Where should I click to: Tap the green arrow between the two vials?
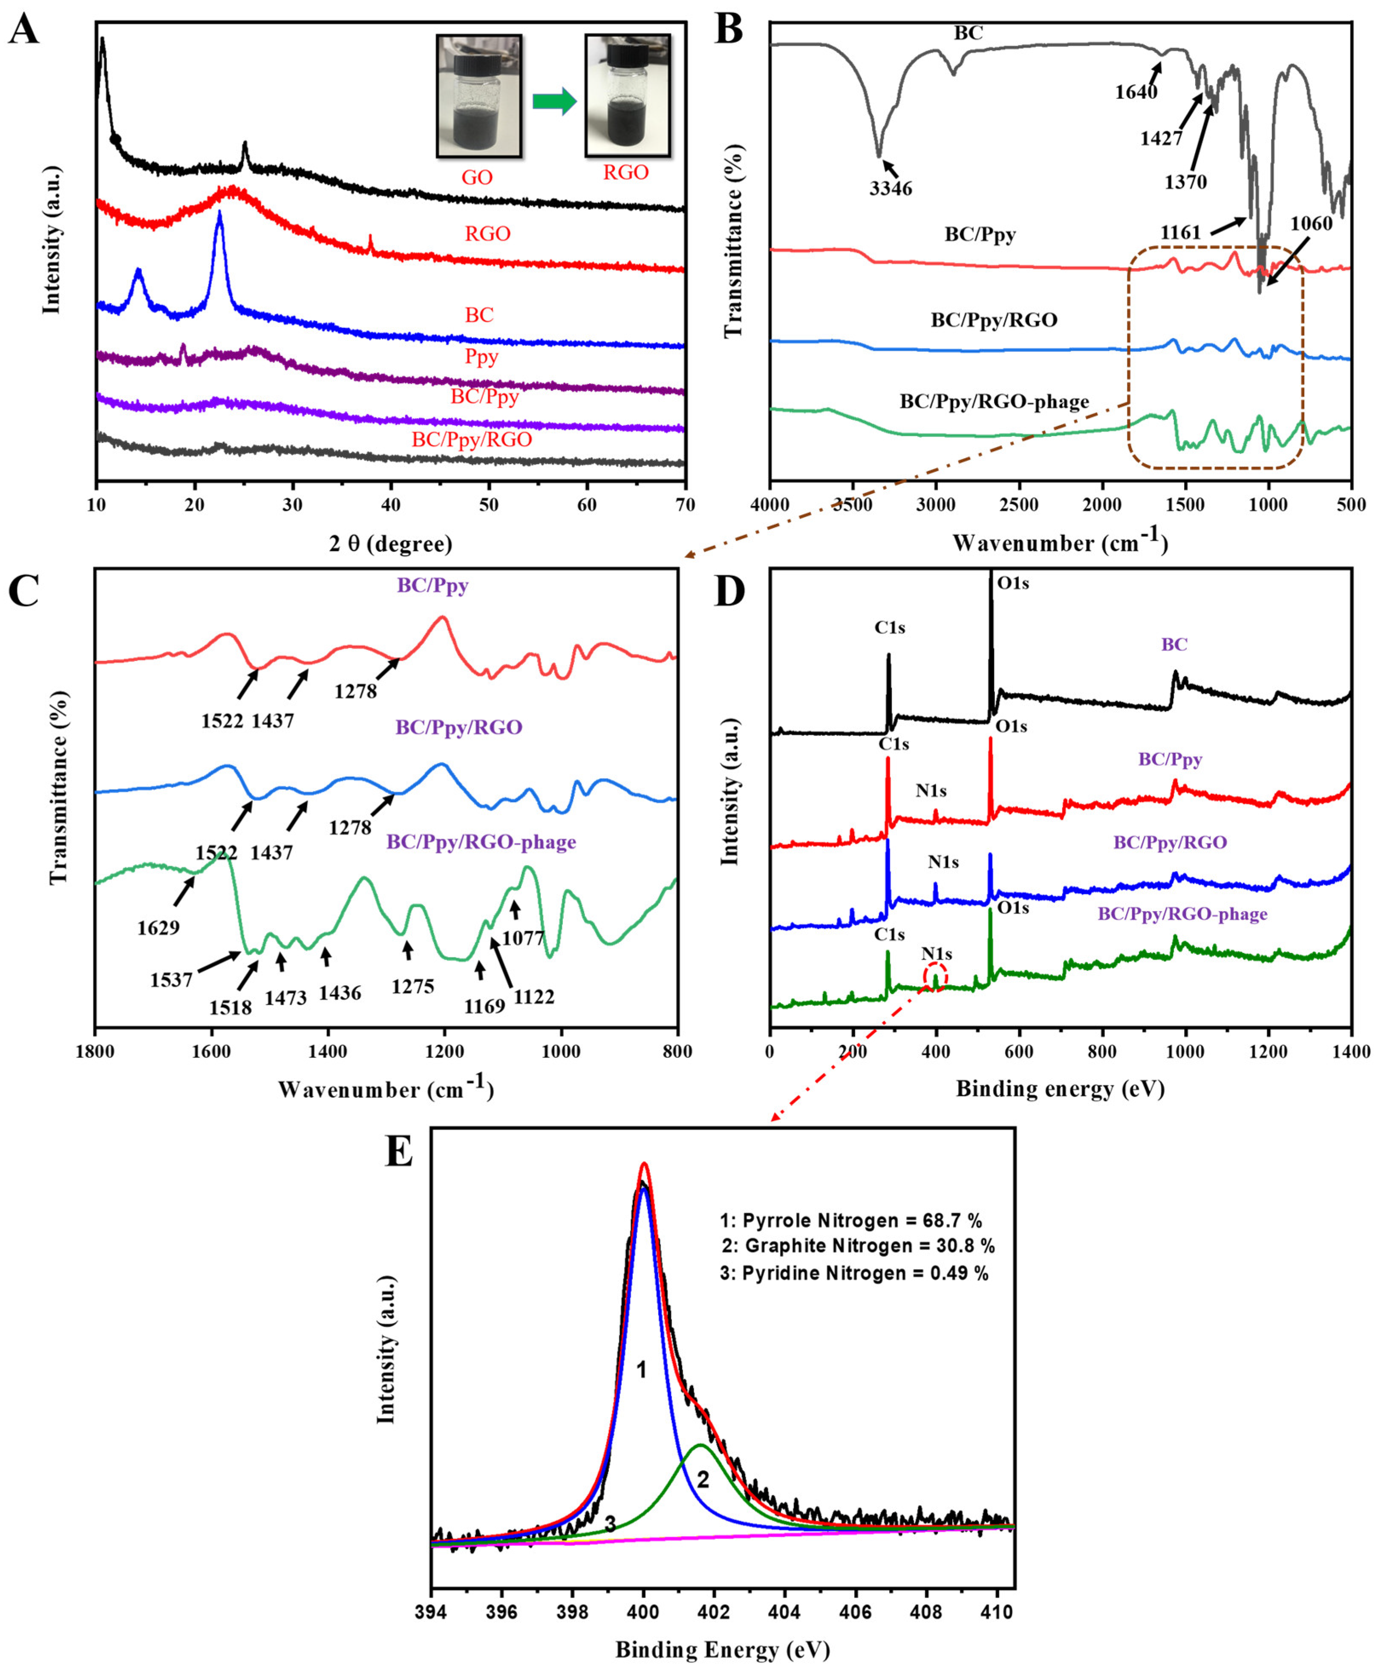pyautogui.click(x=553, y=101)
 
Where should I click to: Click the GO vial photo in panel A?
pyautogui.click(x=479, y=95)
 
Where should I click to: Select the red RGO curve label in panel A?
pyautogui.click(x=487, y=234)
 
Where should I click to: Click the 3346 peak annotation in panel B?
pyautogui.click(x=891, y=188)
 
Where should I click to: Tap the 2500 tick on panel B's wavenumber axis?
pyautogui.click(x=1018, y=505)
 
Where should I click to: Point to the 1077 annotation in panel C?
pyautogui.click(x=523, y=938)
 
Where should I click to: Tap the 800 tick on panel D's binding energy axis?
pyautogui.click(x=1102, y=1052)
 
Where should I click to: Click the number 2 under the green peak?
pyautogui.click(x=703, y=1479)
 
